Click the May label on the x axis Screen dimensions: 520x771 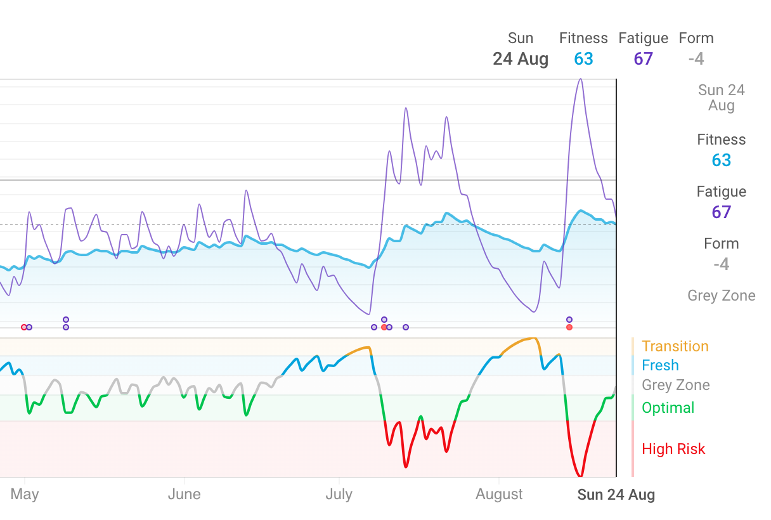(x=25, y=494)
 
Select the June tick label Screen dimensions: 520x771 (x=184, y=494)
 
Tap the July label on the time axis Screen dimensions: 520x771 (x=339, y=494)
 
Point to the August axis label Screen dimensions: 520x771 (x=500, y=494)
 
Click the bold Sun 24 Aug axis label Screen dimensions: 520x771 (x=616, y=495)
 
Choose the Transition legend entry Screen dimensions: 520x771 (x=675, y=346)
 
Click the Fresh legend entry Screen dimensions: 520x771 (x=660, y=365)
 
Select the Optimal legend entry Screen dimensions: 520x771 (x=668, y=408)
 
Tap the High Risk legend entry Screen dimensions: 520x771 (x=673, y=449)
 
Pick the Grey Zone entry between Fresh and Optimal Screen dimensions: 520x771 (x=675, y=385)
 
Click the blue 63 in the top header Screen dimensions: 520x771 (x=583, y=59)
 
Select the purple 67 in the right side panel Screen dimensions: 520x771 (x=721, y=212)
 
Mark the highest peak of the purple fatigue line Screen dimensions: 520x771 (x=580, y=79)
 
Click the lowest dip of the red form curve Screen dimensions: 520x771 (x=580, y=475)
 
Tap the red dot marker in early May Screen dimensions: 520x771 (x=24, y=327)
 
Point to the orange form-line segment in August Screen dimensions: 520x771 (x=520, y=342)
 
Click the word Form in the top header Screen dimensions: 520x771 (x=696, y=38)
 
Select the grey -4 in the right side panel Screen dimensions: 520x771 (x=721, y=264)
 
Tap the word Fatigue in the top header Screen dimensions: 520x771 (x=643, y=38)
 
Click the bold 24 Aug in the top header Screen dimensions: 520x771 (x=521, y=59)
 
